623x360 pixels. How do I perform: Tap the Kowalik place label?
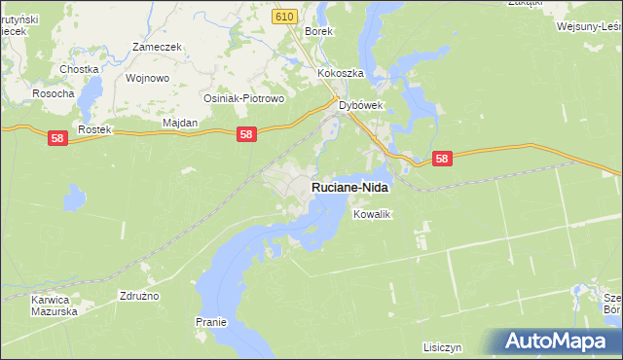(372, 214)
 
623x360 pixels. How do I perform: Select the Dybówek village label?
(362, 106)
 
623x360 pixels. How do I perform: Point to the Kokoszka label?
(340, 74)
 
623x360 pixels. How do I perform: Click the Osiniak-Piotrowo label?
(242, 98)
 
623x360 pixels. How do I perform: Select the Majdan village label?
(179, 123)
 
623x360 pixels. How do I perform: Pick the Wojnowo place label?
(148, 78)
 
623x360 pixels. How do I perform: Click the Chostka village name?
(79, 69)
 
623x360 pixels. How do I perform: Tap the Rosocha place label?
(54, 94)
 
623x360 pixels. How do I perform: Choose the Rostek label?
(96, 129)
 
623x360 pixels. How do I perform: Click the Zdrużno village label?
(139, 295)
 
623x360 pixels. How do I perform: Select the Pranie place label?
(210, 322)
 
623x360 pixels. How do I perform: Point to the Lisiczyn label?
(442, 346)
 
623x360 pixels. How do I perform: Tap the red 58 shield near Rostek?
(56, 140)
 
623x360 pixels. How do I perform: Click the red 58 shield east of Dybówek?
(442, 159)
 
